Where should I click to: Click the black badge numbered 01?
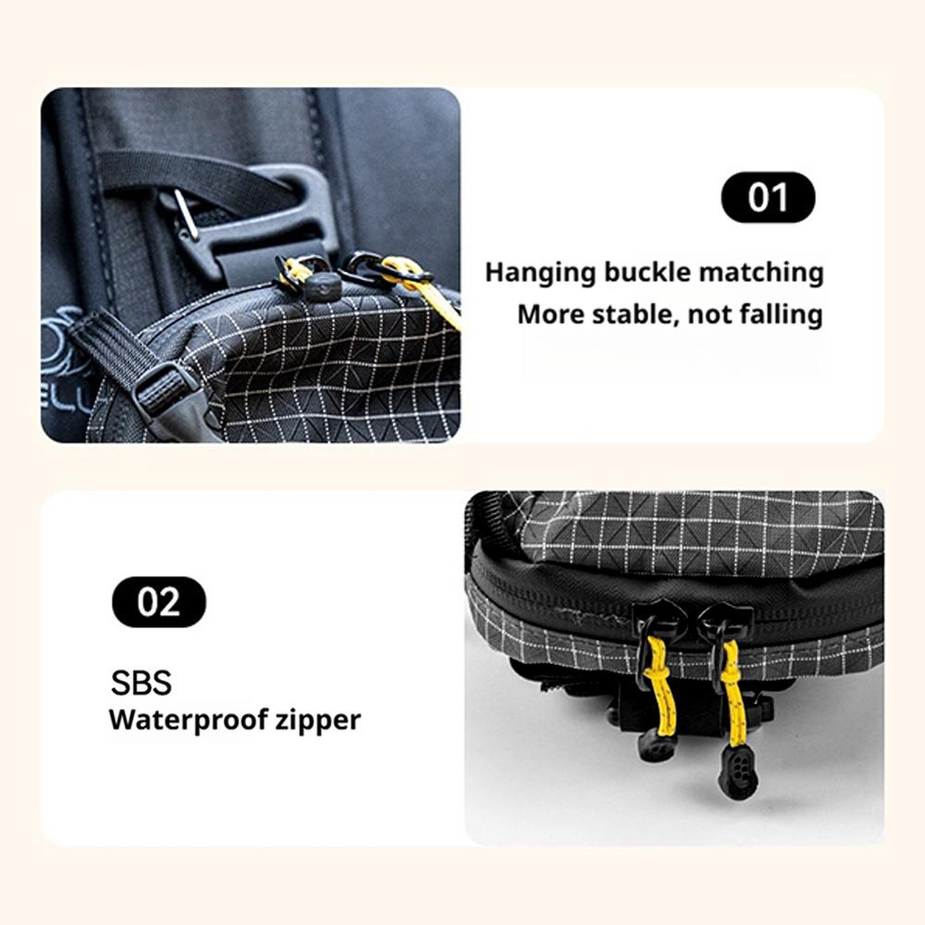(x=768, y=198)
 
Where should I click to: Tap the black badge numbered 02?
(x=159, y=602)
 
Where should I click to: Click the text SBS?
(x=142, y=683)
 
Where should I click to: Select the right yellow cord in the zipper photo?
(x=732, y=694)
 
